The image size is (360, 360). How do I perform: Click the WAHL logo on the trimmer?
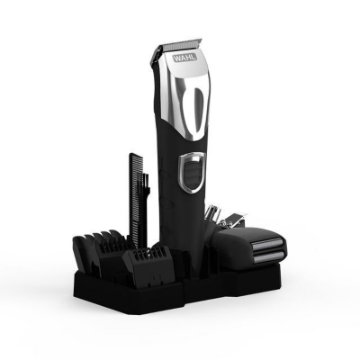(x=184, y=58)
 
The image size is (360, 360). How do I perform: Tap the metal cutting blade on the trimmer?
(x=182, y=46)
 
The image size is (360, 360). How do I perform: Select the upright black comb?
(x=135, y=195)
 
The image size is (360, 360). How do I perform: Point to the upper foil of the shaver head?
(x=269, y=244)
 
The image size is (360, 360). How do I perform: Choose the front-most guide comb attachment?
(x=148, y=262)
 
